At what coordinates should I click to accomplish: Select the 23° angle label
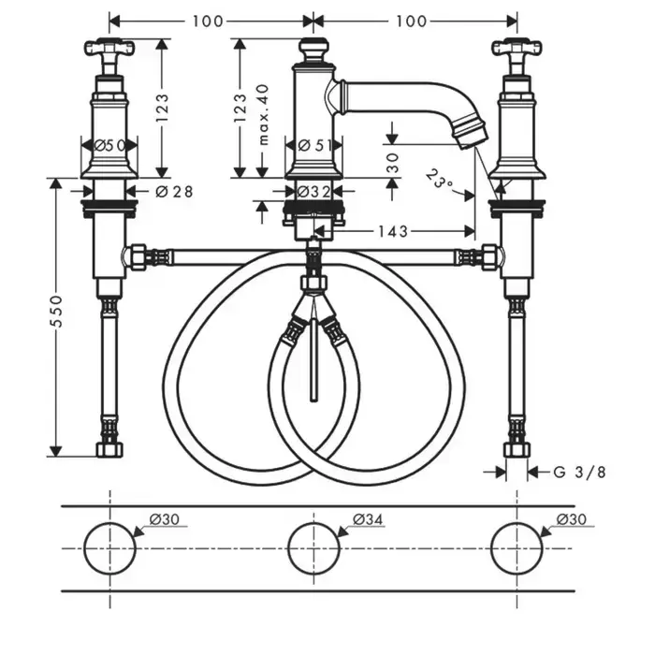coord(438,176)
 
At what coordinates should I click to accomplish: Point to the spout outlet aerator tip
coord(471,131)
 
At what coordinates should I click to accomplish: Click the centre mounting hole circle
coord(313,548)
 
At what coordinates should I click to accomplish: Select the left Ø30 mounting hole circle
coord(109,548)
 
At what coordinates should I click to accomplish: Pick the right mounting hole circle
coord(517,548)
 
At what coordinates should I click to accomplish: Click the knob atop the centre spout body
coord(313,47)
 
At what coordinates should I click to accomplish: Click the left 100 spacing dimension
coord(211,21)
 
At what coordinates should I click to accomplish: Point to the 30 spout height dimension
coord(393,161)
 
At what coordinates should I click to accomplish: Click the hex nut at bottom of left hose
coord(109,449)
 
